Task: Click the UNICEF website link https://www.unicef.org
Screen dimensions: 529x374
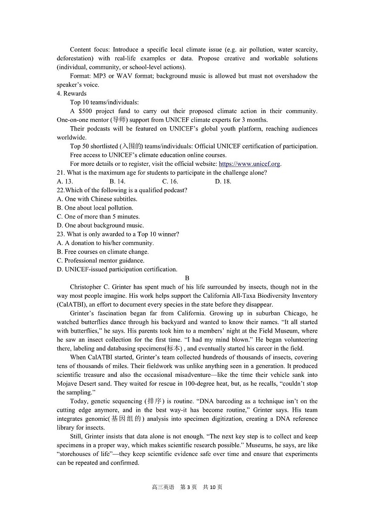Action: tap(250, 164)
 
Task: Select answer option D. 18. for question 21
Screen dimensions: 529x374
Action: tap(223, 181)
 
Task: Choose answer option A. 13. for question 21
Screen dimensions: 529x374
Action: tap(65, 181)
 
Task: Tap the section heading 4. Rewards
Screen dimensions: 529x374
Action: tap(72, 93)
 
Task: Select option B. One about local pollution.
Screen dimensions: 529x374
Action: tap(95, 208)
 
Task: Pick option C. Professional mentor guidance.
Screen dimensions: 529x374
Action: tap(101, 260)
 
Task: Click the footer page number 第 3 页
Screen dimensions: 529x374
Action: tap(188, 487)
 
